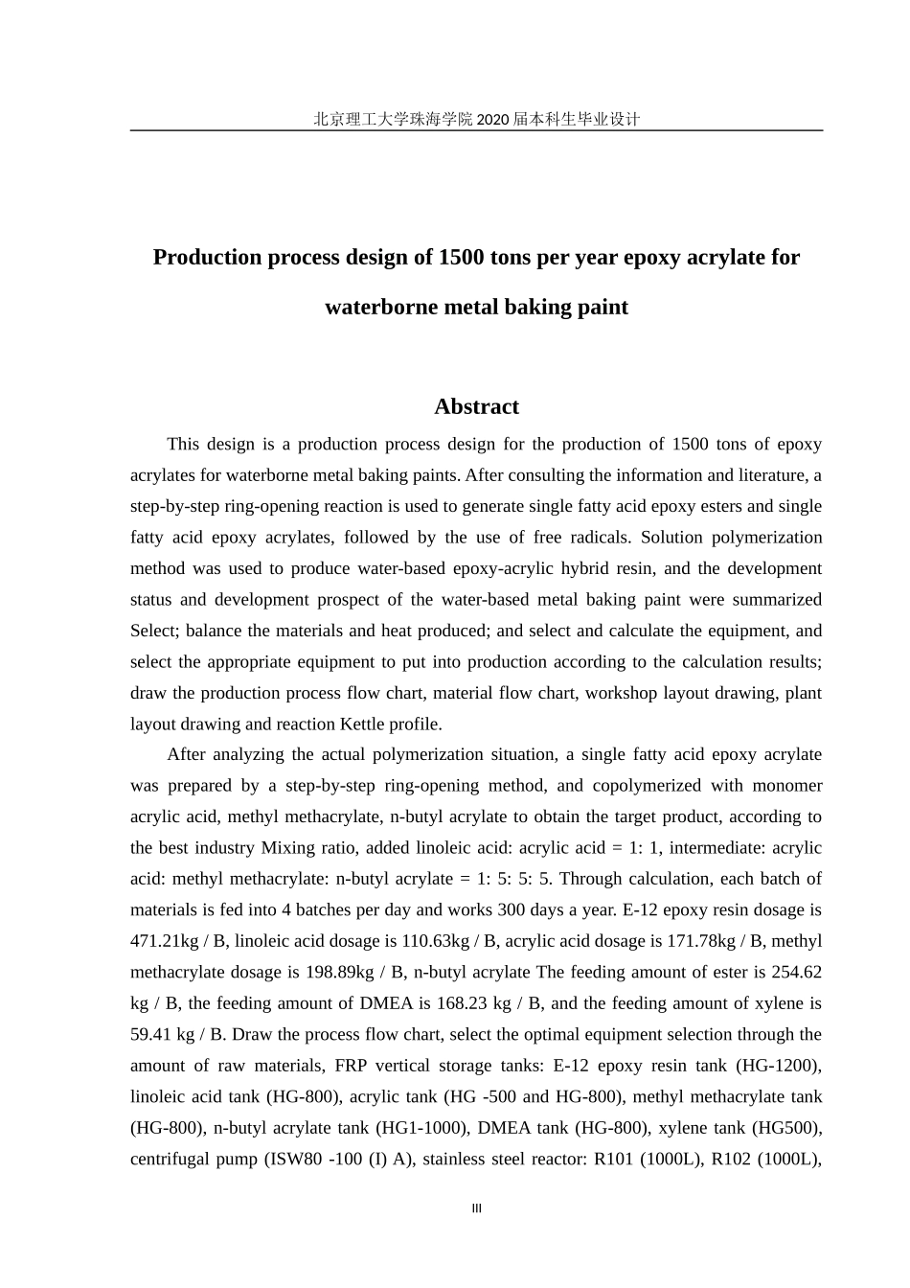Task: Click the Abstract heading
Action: click(476, 406)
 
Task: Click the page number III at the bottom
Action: click(477, 1208)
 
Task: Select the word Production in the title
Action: click(207, 257)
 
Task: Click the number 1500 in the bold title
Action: click(461, 257)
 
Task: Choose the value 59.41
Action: click(151, 1034)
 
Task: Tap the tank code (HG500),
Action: click(776, 1128)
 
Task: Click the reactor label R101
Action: click(616, 1159)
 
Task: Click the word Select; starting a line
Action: click(154, 631)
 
